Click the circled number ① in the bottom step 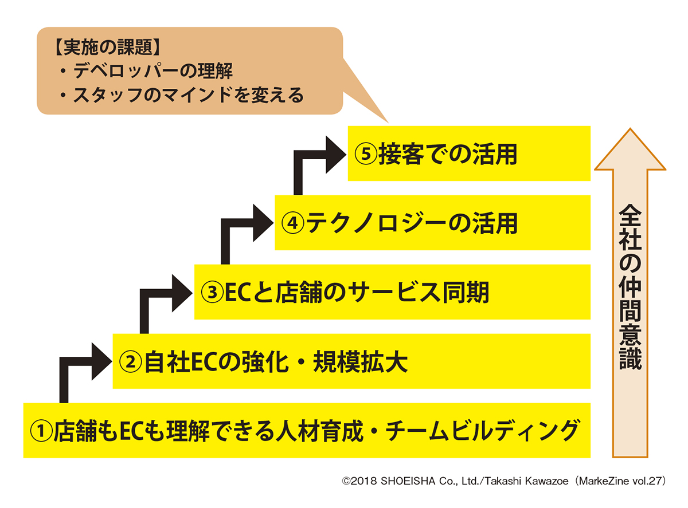[41, 431]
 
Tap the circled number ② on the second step [130, 362]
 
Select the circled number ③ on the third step [212, 293]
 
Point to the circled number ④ [292, 223]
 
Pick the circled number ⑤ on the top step [365, 154]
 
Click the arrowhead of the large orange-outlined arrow [630, 150]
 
